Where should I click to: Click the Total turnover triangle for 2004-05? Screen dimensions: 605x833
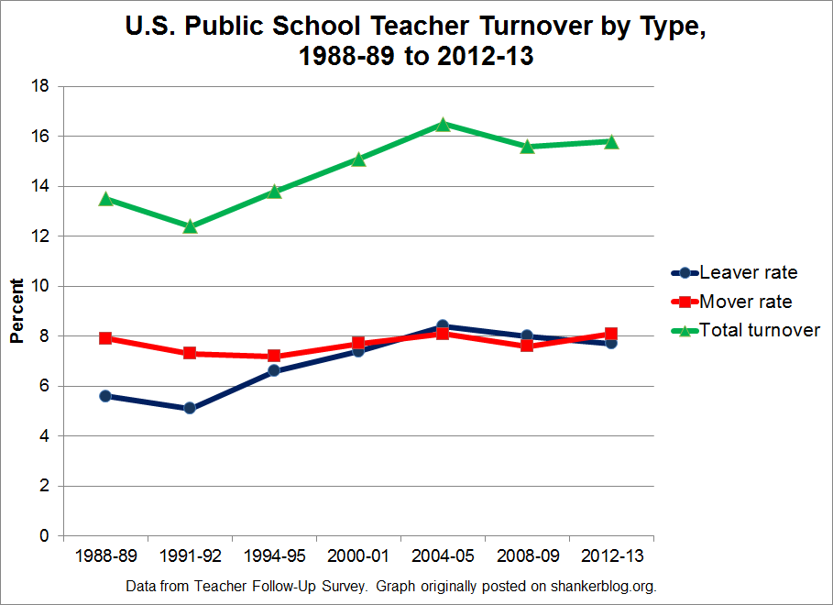(443, 124)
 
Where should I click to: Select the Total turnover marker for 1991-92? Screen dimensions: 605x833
(190, 225)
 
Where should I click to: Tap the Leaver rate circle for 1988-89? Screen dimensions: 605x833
(105, 396)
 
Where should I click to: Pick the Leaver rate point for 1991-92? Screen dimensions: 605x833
(190, 408)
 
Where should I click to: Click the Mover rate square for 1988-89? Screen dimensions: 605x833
(105, 338)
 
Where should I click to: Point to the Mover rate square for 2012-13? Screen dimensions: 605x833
(611, 335)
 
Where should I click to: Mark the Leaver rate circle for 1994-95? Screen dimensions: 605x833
(274, 371)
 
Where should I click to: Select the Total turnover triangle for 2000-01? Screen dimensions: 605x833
(358, 159)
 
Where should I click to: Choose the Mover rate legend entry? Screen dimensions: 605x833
(733, 302)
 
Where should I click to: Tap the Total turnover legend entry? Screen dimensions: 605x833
(747, 330)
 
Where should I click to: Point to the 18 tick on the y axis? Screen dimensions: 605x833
(42, 86)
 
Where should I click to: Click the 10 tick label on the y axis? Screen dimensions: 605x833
(42, 286)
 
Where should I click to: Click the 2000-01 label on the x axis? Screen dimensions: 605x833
(358, 556)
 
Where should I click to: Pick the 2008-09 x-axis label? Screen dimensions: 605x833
(527, 556)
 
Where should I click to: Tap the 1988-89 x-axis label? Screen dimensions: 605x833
(105, 556)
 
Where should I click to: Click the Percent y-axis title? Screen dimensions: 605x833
(16, 311)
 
